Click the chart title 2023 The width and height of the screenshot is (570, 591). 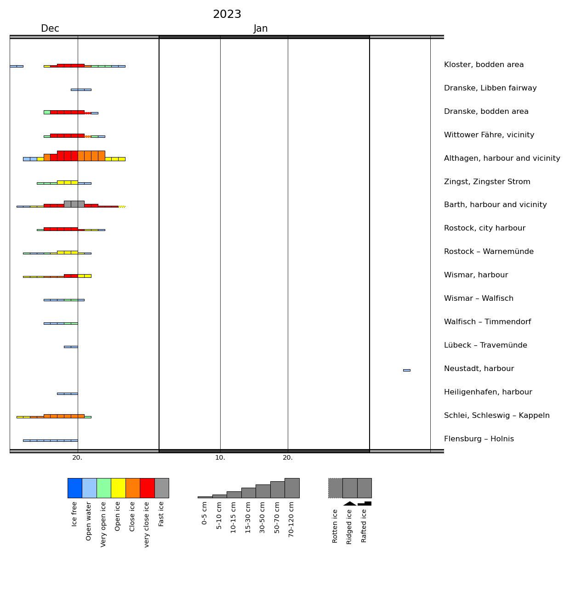pyautogui.click(x=227, y=15)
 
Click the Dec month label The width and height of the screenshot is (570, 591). pyautogui.click(x=50, y=29)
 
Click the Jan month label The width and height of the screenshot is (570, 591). pyautogui.click(x=261, y=29)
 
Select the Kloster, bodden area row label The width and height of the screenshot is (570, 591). pyautogui.click(x=484, y=65)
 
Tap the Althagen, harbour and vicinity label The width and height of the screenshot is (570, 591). pyautogui.click(x=502, y=159)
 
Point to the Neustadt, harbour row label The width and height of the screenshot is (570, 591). pyautogui.click(x=479, y=369)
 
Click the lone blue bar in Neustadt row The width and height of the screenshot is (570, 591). pyautogui.click(x=406, y=370)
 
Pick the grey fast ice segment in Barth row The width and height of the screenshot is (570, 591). pyautogui.click(x=74, y=204)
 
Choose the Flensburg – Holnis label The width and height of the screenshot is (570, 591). pyautogui.click(x=479, y=439)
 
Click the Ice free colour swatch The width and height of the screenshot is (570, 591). pyautogui.click(x=75, y=488)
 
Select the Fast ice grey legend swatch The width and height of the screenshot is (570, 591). pyautogui.click(x=162, y=488)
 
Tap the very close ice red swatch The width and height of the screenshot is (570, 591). pyautogui.click(x=147, y=488)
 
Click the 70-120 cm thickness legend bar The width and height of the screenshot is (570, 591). pyautogui.click(x=292, y=488)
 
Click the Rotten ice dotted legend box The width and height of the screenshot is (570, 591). pyautogui.click(x=335, y=488)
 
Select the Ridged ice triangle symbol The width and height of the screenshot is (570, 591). pyautogui.click(x=350, y=503)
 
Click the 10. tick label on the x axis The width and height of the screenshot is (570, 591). pyautogui.click(x=220, y=458)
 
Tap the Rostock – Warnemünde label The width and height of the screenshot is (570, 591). pyautogui.click(x=489, y=252)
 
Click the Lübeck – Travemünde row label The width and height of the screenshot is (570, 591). pyautogui.click(x=485, y=346)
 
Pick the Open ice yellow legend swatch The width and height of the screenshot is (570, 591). pyautogui.click(x=118, y=488)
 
